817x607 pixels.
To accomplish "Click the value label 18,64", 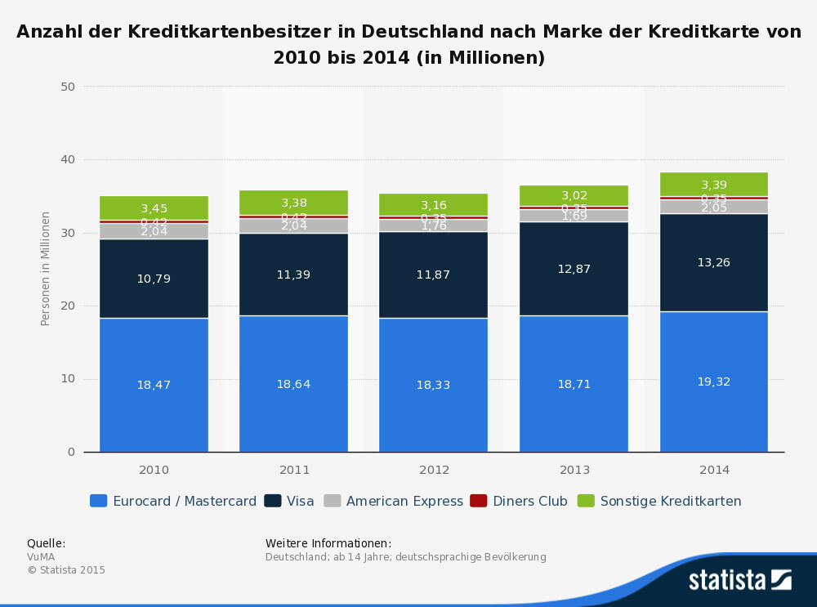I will pos(293,384).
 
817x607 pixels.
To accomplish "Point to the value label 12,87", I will pos(574,269).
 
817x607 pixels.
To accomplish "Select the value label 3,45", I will pos(154,209).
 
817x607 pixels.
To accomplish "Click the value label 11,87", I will pos(433,274).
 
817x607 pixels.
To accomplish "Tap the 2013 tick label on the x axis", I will pos(574,470).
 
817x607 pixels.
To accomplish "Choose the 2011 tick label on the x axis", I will pos(293,470).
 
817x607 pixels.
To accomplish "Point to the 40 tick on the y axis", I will pos(68,159).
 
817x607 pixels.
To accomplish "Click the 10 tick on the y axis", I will pos(68,379).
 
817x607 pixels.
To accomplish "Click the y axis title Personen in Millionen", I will pos(46,268).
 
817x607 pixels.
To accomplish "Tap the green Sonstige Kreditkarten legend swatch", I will pos(586,501).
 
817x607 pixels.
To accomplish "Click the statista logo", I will pos(739,580).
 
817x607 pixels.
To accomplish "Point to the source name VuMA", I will pos(41,557).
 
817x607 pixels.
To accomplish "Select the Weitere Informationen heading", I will pos(328,543).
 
